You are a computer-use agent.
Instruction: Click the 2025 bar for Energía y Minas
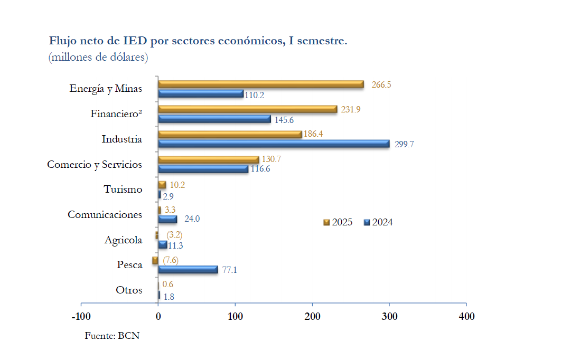(261, 84)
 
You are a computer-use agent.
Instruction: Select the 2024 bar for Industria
(274, 144)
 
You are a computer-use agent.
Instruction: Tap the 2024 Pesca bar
(188, 270)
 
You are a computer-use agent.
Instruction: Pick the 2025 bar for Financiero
(247, 109)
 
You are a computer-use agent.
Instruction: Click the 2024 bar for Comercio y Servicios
(203, 169)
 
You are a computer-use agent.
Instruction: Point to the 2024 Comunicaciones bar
(167, 219)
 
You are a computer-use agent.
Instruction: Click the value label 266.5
(381, 84)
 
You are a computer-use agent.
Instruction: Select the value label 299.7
(404, 144)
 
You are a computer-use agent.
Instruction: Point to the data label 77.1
(229, 270)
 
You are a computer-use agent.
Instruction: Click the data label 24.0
(192, 219)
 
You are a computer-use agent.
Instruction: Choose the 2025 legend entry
(338, 222)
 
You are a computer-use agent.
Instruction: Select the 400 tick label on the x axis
(466, 316)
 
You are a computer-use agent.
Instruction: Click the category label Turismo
(123, 189)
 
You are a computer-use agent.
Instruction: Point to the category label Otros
(129, 290)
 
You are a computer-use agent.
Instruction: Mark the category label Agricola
(123, 240)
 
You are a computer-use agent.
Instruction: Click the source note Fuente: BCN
(112, 335)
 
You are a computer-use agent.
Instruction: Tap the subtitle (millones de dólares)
(98, 57)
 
